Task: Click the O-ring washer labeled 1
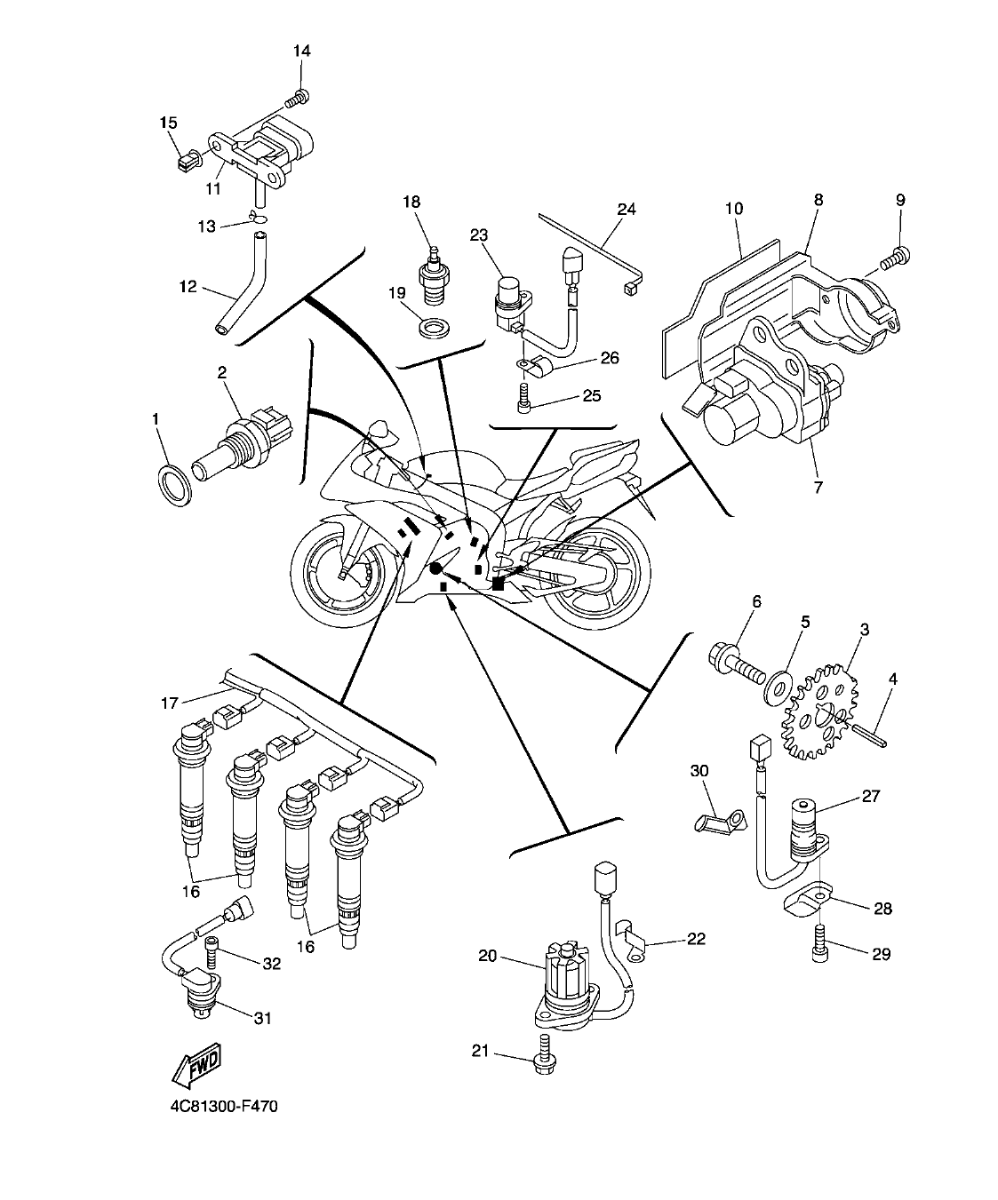[175, 484]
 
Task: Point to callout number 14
[301, 51]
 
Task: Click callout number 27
[870, 796]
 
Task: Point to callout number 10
[733, 209]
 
